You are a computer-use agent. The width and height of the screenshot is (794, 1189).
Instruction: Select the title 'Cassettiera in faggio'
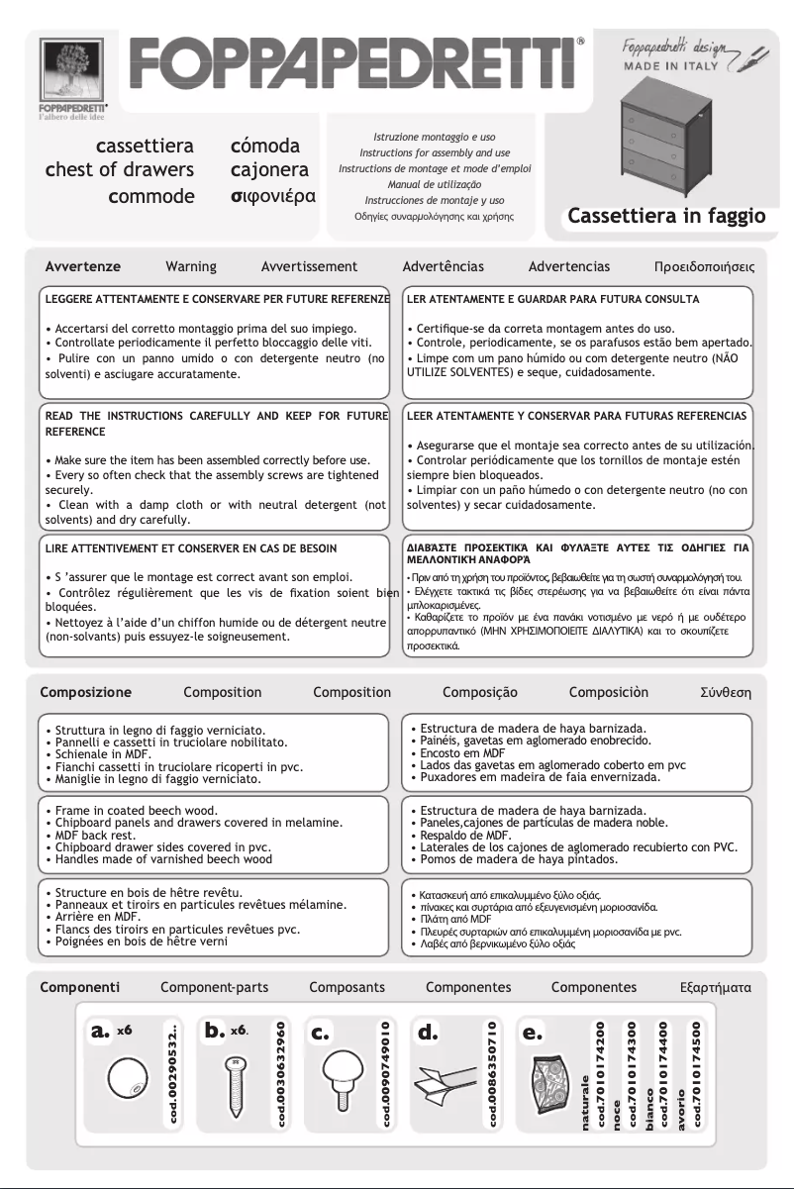point(666,216)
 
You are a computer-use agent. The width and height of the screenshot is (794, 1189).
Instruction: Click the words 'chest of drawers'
point(120,170)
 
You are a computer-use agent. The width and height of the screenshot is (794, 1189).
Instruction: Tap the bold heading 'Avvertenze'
point(83,267)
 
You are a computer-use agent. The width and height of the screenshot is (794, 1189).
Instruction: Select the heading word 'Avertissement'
point(309,267)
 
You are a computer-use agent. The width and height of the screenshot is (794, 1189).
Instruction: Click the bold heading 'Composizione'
point(85,692)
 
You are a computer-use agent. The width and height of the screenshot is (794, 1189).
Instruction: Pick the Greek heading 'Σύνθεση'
point(725,692)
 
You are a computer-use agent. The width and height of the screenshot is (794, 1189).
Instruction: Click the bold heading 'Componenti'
point(80,987)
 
